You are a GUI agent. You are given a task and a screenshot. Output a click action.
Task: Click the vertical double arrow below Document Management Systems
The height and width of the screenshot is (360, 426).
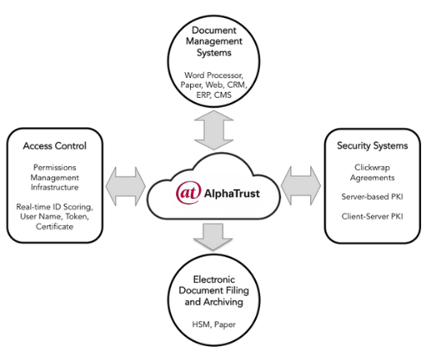pyautogui.click(x=213, y=132)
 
